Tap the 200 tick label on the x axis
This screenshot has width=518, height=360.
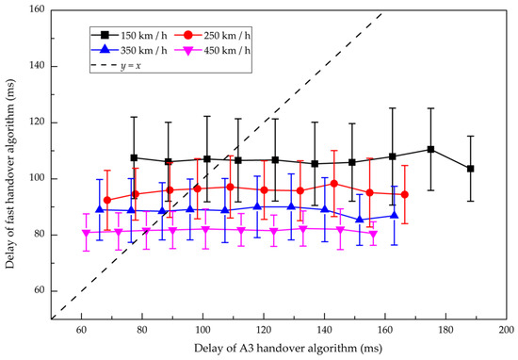pos(507,332)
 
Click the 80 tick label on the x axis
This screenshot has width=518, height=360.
pos(142,332)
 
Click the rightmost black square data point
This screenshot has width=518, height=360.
pos(470,169)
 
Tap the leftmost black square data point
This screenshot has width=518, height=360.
pos(134,157)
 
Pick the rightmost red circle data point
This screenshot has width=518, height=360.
pos(404,194)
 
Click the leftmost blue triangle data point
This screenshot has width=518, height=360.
pos(99,209)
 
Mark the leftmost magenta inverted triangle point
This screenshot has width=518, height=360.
pos(87,233)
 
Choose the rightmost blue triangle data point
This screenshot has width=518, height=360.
pos(395,215)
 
